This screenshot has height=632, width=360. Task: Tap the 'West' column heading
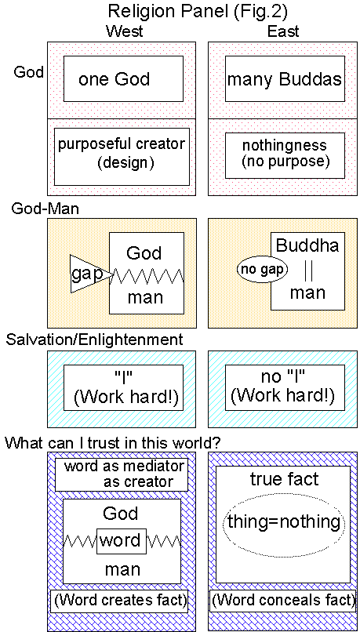point(122,31)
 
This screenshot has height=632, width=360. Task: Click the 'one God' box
point(123,78)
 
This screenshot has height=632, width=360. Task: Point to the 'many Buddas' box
point(284,78)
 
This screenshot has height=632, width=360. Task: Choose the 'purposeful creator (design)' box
point(122,152)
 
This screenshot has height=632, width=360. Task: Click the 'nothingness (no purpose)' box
point(284,154)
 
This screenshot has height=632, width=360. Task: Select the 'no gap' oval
point(262,270)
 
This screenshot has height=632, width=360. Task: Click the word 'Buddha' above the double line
point(307,245)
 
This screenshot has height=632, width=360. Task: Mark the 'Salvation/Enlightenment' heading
point(94,340)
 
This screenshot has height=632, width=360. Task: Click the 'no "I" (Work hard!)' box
point(284,387)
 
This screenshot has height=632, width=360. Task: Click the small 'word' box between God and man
point(121,541)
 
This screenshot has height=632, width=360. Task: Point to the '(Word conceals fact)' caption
point(284,601)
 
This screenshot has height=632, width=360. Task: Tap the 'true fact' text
point(284,479)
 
